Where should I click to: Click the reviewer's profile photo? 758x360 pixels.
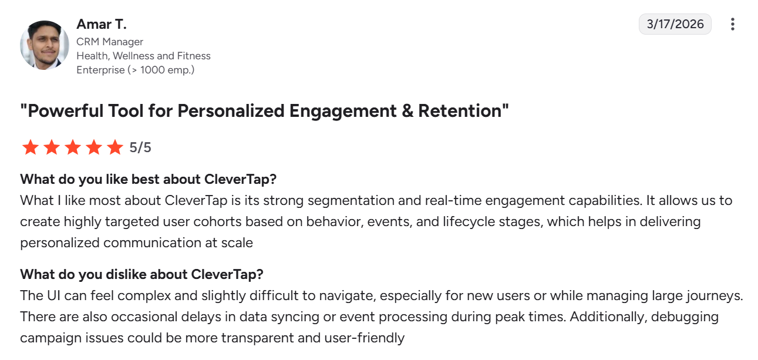click(45, 45)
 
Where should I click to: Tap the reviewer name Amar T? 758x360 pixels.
click(102, 24)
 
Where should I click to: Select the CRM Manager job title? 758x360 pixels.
click(110, 42)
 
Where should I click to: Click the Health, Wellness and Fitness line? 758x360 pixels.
click(143, 56)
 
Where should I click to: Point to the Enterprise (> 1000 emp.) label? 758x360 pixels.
click(136, 70)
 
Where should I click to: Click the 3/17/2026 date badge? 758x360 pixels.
click(675, 24)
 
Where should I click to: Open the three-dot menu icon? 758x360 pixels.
click(733, 24)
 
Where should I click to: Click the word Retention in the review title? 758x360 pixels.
click(463, 111)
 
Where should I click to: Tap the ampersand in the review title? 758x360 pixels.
click(407, 111)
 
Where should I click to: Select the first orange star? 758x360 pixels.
click(31, 147)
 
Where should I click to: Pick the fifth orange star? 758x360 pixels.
click(115, 147)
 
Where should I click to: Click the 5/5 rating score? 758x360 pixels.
click(140, 147)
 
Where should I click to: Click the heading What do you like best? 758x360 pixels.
click(148, 179)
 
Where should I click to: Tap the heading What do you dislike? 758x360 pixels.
click(142, 274)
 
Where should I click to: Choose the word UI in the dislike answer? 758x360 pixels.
click(53, 296)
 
